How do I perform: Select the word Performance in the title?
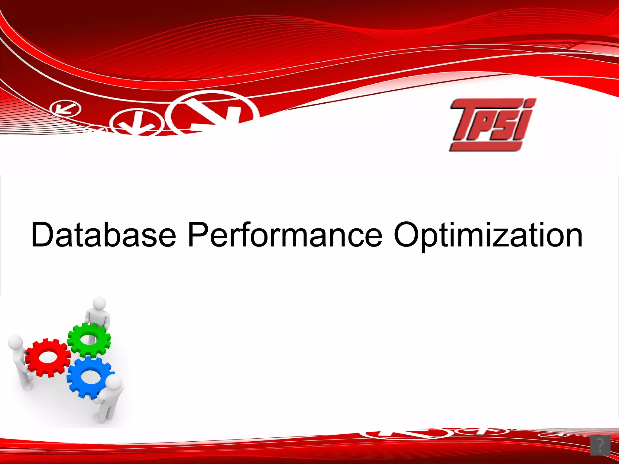tap(285, 235)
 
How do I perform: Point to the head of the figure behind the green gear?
tap(99, 303)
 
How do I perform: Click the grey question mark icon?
tap(600, 445)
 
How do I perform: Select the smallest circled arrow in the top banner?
tap(65, 109)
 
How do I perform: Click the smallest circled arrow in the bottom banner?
tap(553, 435)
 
